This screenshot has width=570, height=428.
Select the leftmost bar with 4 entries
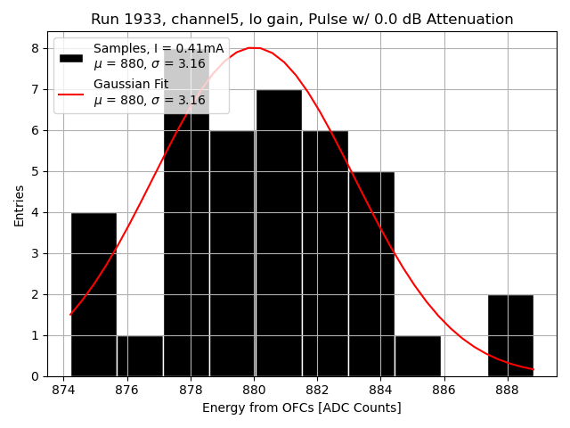point(94,294)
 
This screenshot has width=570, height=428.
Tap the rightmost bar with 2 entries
point(510,335)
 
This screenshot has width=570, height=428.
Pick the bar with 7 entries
point(279,233)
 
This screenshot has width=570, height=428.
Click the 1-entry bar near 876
point(140,356)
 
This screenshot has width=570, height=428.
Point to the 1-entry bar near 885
point(418,356)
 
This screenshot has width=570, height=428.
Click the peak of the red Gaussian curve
point(254,48)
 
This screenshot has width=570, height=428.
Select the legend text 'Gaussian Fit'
point(131,85)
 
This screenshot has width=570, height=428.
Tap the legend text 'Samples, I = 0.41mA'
point(159,49)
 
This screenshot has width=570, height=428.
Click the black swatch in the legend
point(71,58)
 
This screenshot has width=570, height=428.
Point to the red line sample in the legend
point(71,93)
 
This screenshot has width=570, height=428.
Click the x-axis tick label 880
point(254,390)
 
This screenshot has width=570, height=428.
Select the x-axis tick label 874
point(64,390)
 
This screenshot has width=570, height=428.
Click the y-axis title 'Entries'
point(20,206)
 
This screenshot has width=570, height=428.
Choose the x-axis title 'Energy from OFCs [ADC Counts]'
point(301,407)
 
